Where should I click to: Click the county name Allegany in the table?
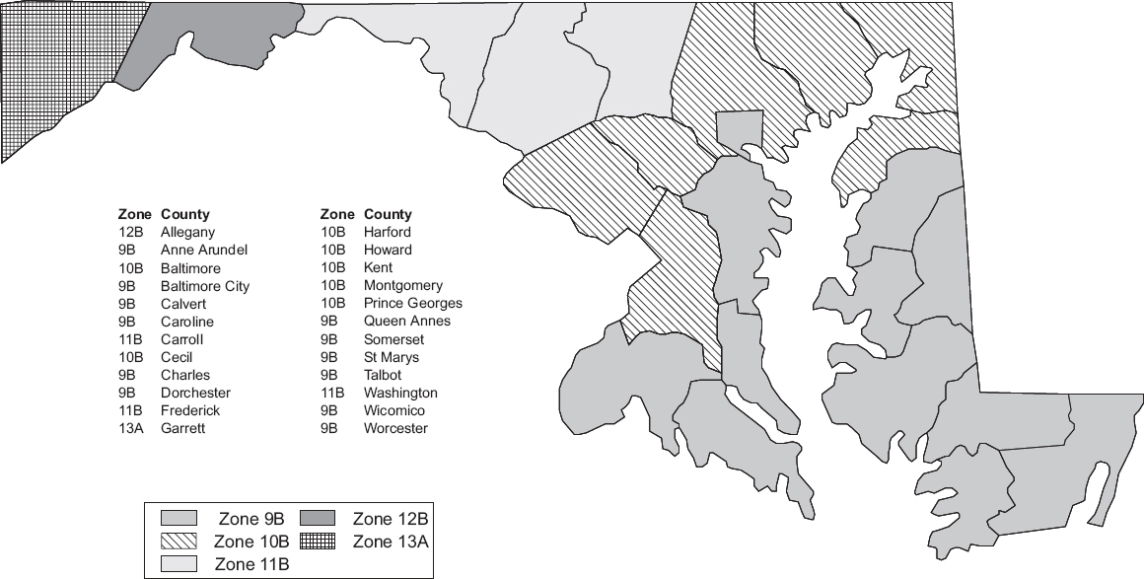tap(187, 232)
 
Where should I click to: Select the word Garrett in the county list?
tap(182, 429)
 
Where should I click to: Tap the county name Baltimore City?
tap(204, 286)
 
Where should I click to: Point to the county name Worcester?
tap(395, 429)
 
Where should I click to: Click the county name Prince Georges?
tap(412, 304)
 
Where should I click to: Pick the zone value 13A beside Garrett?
tap(130, 429)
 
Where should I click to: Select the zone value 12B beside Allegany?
tap(130, 232)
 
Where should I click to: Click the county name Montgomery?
tap(402, 286)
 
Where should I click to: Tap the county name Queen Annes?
tap(406, 322)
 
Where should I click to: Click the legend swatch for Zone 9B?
tap(179, 518)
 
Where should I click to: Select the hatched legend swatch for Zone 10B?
tap(179, 541)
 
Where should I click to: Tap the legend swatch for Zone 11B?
tap(179, 563)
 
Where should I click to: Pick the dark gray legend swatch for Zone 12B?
tap(318, 518)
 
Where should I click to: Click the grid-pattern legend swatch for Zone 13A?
tap(318, 541)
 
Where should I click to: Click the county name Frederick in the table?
tap(190, 411)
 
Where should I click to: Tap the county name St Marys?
tap(391, 357)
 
